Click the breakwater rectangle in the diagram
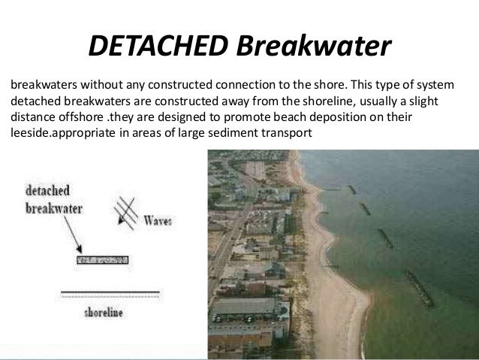(x=102, y=260)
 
